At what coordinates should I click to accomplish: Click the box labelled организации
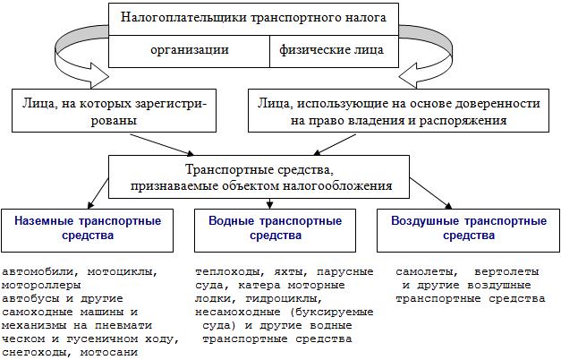(189, 51)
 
